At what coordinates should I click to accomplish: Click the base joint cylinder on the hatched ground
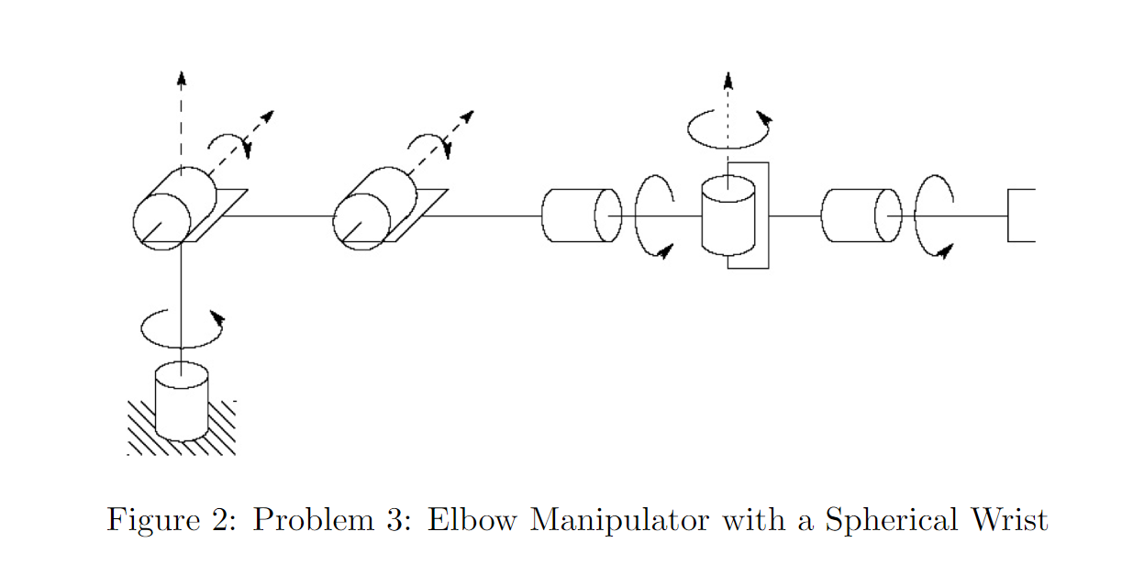[x=181, y=401]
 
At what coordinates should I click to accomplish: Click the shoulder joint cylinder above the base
[x=174, y=208]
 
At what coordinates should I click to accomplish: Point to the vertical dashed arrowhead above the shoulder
[x=181, y=78]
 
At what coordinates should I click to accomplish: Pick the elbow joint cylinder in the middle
[x=375, y=208]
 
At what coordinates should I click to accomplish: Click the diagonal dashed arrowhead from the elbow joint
[x=467, y=116]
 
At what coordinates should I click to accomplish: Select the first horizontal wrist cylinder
[x=582, y=216]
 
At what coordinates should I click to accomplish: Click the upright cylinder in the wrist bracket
[x=728, y=216]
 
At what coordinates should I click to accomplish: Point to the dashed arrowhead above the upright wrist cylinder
[x=728, y=80]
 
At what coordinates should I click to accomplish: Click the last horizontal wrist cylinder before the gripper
[x=861, y=216]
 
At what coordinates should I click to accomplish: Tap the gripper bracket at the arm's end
[x=1008, y=216]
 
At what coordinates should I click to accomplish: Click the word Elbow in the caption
[x=472, y=519]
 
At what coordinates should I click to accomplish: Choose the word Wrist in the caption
[x=1009, y=519]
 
